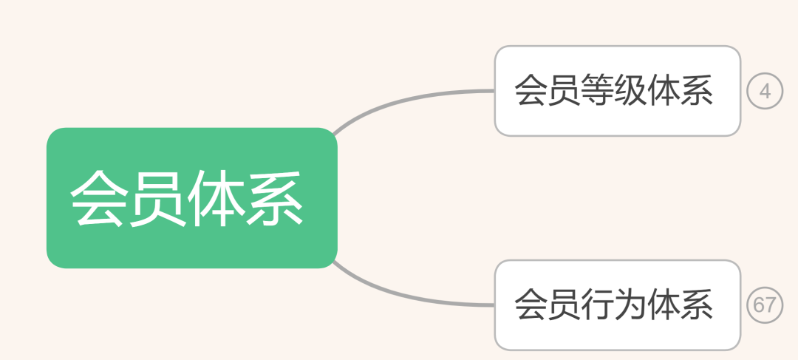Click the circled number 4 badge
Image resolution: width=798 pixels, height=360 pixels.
click(765, 92)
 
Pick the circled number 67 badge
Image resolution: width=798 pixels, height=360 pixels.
click(765, 305)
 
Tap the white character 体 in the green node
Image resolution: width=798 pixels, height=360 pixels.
click(216, 199)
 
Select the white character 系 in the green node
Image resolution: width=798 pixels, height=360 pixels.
click(275, 199)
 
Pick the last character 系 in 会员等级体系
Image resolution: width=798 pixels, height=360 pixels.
click(698, 91)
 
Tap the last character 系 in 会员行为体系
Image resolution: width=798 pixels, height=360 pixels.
click(698, 305)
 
